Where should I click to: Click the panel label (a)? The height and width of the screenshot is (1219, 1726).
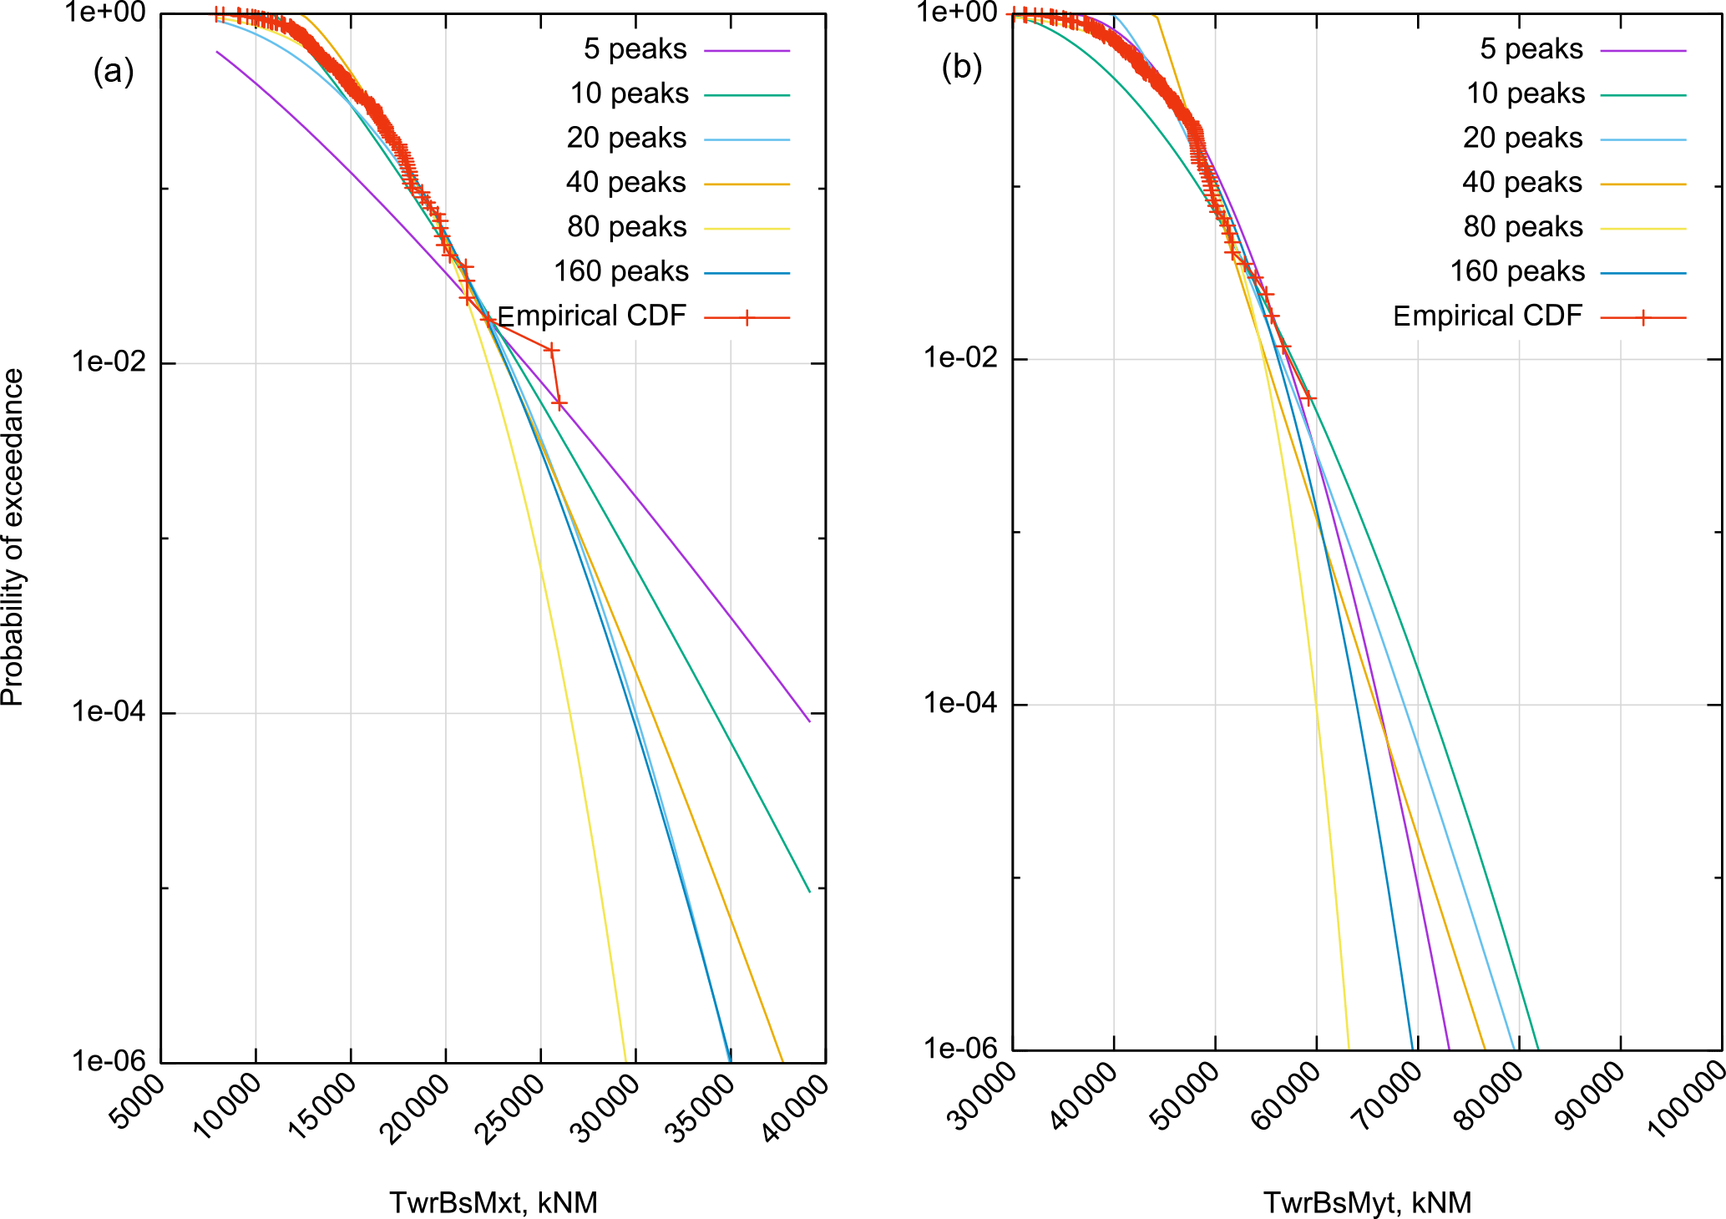[x=114, y=72]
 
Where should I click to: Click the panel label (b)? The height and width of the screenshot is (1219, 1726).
[x=961, y=67]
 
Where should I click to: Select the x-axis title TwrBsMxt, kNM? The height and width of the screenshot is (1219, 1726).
[x=493, y=1202]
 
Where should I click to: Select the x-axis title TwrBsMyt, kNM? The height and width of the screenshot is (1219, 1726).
[x=1367, y=1202]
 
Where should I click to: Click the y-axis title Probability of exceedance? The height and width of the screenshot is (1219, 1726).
[x=13, y=538]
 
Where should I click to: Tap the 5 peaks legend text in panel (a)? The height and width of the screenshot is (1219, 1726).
[x=635, y=49]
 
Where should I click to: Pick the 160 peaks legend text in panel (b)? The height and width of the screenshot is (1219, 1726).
[x=1516, y=271]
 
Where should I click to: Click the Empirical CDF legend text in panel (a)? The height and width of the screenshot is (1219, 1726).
[x=591, y=316]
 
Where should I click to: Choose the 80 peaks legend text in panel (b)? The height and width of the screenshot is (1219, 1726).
[x=1522, y=227]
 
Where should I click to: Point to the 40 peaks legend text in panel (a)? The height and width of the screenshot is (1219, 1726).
[x=625, y=182]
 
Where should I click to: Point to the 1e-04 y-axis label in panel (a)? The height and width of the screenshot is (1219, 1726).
[x=109, y=711]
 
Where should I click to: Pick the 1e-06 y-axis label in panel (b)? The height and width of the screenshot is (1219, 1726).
[x=959, y=1048]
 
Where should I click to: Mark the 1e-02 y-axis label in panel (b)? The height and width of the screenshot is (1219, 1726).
[x=959, y=357]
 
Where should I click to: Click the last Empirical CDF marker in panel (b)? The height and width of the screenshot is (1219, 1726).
[x=1308, y=397]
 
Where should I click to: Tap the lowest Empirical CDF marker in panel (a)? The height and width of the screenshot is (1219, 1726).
[x=559, y=404]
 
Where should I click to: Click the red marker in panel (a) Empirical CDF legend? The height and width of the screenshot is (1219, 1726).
[x=747, y=318]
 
